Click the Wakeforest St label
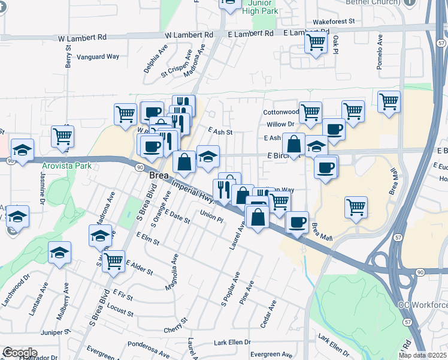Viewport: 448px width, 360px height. (330, 21)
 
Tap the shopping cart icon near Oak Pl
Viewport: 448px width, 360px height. (315, 43)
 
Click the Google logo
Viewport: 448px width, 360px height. (20, 352)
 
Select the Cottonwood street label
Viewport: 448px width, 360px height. (280, 112)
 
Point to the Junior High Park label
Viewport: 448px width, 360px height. (262, 7)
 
